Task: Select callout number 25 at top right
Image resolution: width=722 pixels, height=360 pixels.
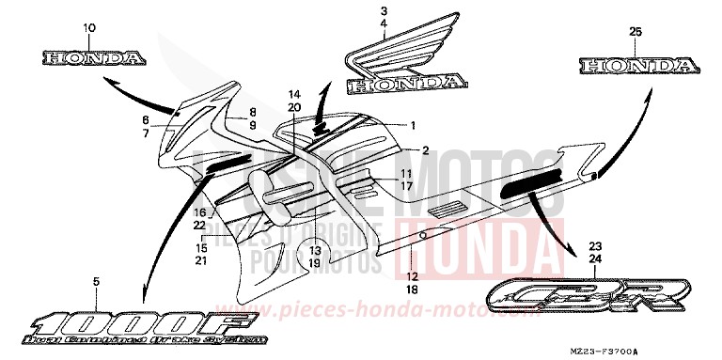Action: pyautogui.click(x=635, y=32)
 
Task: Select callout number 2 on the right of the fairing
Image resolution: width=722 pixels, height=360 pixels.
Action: pyautogui.click(x=424, y=150)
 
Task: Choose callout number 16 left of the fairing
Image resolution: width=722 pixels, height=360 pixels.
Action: pyautogui.click(x=200, y=213)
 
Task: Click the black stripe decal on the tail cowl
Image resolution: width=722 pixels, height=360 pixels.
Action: pyautogui.click(x=528, y=184)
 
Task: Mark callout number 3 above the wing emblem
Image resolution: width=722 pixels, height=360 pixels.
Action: pyautogui.click(x=384, y=11)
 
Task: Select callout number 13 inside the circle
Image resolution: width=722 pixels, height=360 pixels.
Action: pyautogui.click(x=315, y=251)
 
